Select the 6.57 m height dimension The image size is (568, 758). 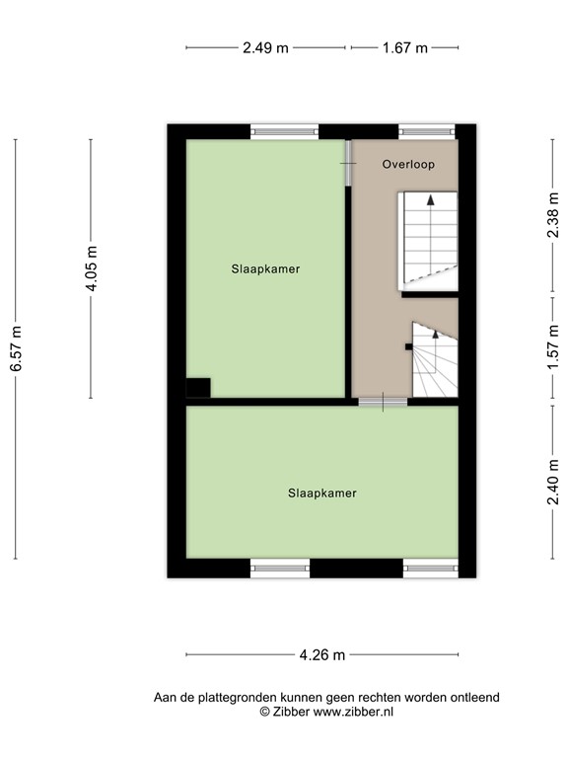[x=16, y=349]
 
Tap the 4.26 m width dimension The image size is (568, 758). [x=321, y=654]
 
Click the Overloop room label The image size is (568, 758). [x=408, y=165]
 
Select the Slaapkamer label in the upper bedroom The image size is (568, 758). [x=265, y=268]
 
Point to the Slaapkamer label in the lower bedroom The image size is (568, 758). [x=322, y=493]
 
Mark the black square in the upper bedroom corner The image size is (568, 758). [x=198, y=388]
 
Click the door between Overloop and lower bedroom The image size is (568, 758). [x=382, y=401]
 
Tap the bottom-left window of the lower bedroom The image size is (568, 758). [x=280, y=568]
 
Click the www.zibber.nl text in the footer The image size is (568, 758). [x=353, y=711]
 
